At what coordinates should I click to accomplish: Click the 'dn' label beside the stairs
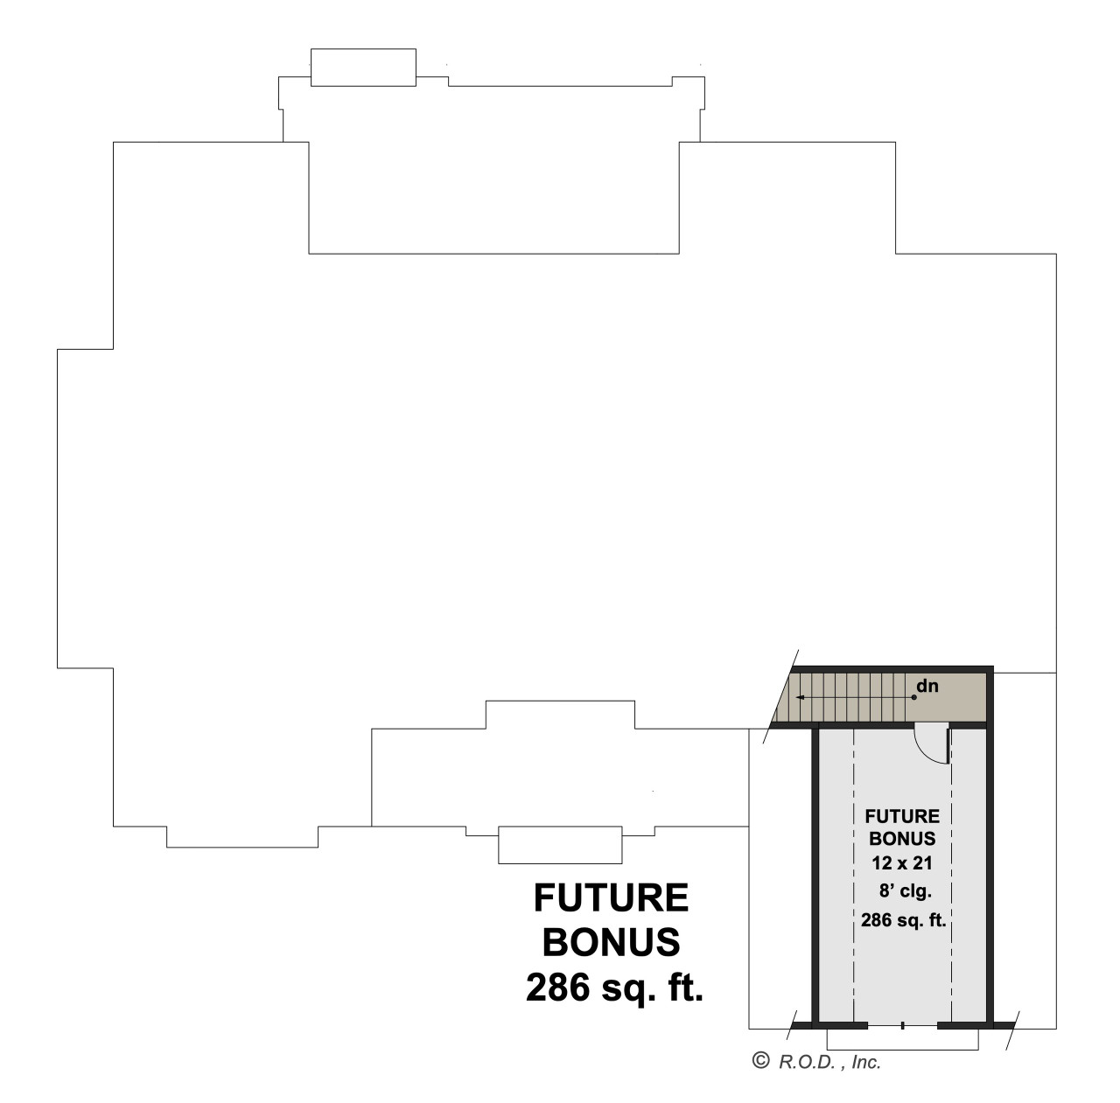(927, 687)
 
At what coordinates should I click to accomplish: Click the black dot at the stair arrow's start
(914, 697)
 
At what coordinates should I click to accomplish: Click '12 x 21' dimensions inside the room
(902, 861)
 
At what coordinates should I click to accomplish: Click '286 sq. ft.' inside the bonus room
(902, 920)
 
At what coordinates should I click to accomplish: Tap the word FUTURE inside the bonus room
(902, 817)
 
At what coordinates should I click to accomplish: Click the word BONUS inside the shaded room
(902, 839)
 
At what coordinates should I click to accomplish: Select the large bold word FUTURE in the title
(611, 897)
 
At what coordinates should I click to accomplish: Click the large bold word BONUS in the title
(611, 942)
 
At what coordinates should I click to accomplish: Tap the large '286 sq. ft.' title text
(614, 988)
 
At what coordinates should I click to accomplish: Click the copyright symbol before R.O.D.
(760, 1061)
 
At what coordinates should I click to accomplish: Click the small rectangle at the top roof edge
(363, 68)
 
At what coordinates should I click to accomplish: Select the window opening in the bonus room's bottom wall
(902, 1023)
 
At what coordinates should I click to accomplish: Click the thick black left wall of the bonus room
(815, 875)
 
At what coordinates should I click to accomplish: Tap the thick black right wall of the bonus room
(990, 875)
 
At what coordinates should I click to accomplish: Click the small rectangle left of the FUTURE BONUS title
(559, 844)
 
